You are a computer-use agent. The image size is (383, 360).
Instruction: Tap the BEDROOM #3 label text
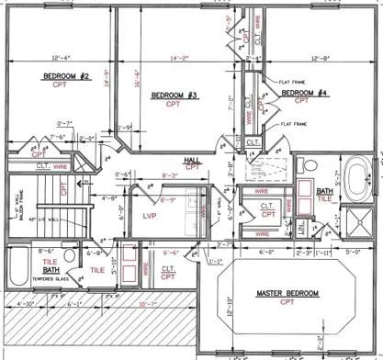point(175,96)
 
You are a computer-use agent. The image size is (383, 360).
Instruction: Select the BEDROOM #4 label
point(305,94)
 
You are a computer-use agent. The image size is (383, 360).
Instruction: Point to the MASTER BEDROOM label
point(287,293)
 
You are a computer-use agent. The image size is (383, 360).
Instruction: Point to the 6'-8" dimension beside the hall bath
point(91,251)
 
